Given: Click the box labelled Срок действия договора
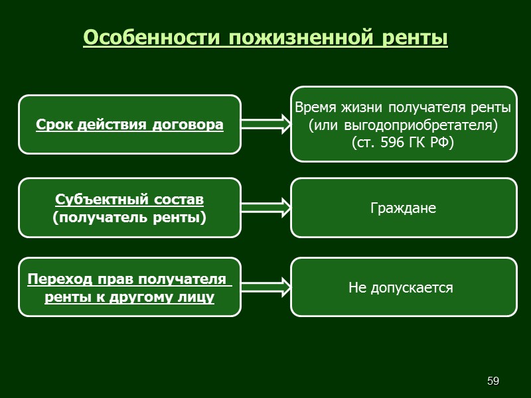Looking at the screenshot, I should (129, 124).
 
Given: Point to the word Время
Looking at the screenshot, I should (316, 107).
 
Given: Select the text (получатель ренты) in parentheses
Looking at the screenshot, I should (129, 216).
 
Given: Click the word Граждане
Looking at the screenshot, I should (403, 208).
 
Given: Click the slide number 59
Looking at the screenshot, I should (493, 381).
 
